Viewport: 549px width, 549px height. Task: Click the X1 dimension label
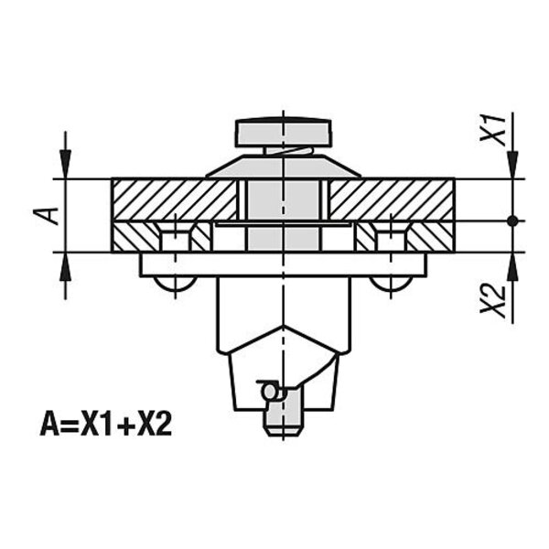click(493, 129)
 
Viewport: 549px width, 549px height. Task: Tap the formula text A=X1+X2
click(106, 425)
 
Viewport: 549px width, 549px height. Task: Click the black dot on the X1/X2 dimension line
click(513, 221)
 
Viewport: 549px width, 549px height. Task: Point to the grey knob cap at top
click(284, 133)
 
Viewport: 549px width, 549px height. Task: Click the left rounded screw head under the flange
click(175, 284)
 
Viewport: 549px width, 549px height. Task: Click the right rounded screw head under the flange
click(391, 284)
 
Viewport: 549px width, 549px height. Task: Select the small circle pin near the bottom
click(270, 391)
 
